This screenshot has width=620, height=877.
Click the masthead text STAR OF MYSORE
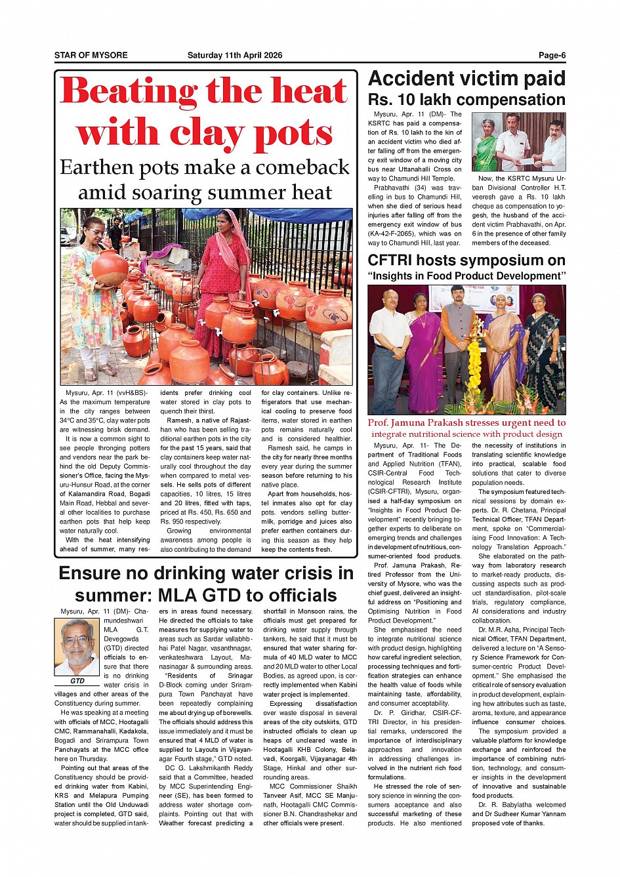click(91, 55)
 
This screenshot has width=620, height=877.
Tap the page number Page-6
click(552, 55)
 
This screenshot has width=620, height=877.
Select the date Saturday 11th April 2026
click(235, 55)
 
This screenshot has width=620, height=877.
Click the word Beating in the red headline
click(129, 91)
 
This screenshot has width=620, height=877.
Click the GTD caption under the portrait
click(77, 681)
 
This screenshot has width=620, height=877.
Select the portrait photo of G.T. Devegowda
click(77, 647)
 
